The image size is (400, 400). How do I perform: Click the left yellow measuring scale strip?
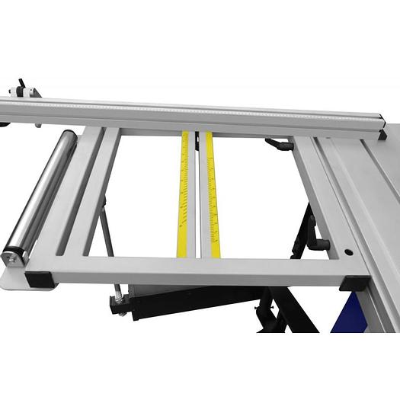(x=183, y=194)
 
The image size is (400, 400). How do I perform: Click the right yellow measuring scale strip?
(x=212, y=194)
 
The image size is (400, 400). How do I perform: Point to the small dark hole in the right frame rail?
(x=348, y=252)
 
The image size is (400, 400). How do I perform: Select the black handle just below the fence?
(x=279, y=144)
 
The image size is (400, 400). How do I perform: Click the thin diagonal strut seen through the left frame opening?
(x=107, y=229)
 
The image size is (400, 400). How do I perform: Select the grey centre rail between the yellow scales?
(x=197, y=198)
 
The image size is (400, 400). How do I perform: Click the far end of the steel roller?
(x=68, y=138)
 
